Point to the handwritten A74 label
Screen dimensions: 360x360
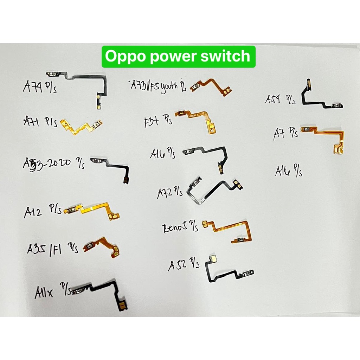pyautogui.click(x=33, y=86)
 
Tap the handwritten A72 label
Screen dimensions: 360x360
pyautogui.click(x=165, y=193)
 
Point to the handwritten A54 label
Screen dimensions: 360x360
pyautogui.click(x=274, y=99)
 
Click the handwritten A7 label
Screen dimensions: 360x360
pyautogui.click(x=280, y=134)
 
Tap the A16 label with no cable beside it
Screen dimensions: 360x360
pyautogui.click(x=283, y=172)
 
